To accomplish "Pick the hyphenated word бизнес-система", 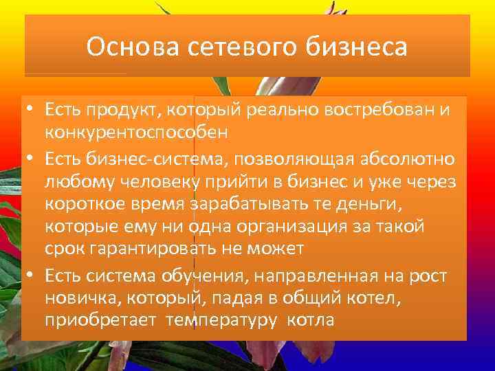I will [x=162, y=159].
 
